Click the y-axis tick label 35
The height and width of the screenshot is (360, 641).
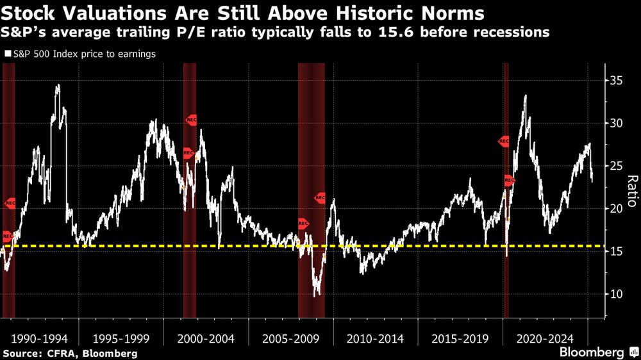[615, 80]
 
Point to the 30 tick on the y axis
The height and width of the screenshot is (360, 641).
[615, 123]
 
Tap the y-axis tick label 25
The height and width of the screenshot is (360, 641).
[615, 166]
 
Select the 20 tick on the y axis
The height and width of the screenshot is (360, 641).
[615, 209]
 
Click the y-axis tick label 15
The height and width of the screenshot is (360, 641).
[615, 252]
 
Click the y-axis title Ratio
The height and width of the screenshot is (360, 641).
[631, 191]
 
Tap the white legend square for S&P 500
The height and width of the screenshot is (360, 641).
[6, 54]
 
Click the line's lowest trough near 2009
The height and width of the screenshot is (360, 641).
[315, 295]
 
